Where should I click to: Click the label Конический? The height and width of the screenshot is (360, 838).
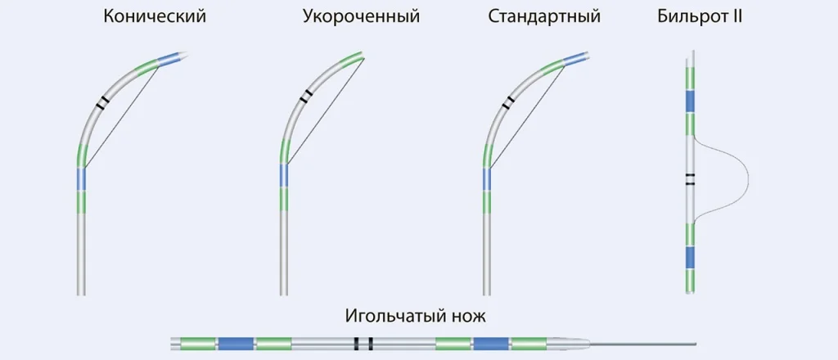point(155,16)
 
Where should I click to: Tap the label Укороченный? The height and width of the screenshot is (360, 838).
point(361,16)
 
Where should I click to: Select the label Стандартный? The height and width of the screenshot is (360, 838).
point(544,16)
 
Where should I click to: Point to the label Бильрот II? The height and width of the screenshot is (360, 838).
point(700,16)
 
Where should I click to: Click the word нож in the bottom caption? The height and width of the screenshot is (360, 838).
point(471,317)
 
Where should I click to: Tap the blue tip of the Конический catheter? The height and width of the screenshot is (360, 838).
point(170,58)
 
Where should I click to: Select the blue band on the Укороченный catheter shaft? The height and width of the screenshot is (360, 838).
point(284,176)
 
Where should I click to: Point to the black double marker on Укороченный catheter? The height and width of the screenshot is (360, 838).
point(306,96)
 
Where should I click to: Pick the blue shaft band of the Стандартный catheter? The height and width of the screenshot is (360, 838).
point(487,180)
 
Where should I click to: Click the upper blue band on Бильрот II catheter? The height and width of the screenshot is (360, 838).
point(690,101)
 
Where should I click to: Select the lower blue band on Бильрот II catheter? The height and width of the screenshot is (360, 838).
point(690,258)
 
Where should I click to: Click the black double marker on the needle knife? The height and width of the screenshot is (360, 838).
point(363,344)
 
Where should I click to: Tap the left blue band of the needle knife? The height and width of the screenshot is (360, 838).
point(235,344)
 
